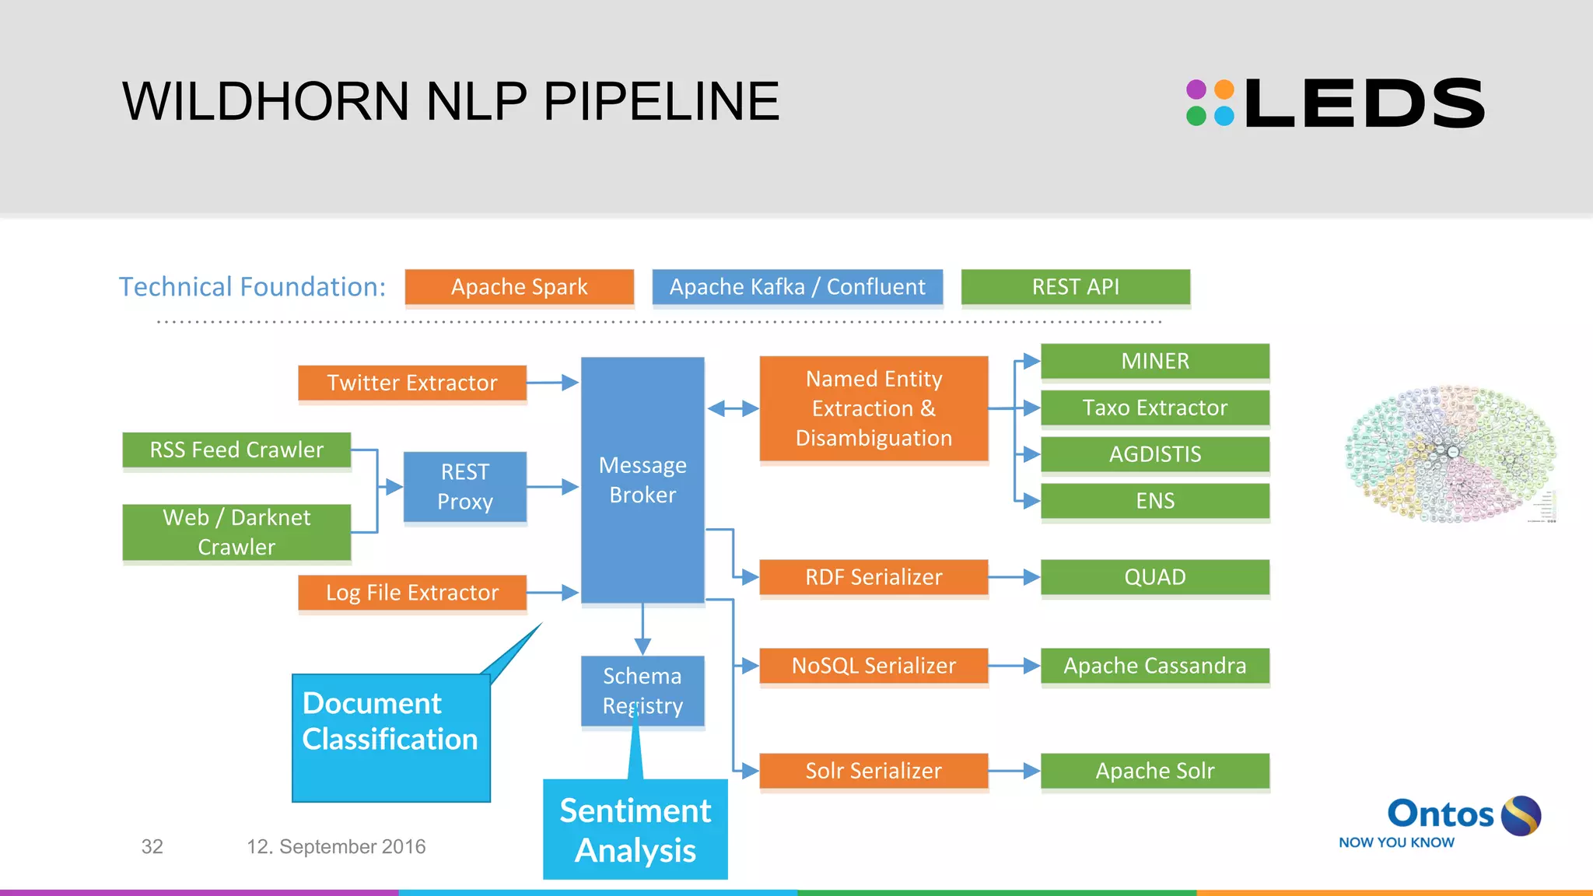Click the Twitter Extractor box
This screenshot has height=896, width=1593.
pos(412,383)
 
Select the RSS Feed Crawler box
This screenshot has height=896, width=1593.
pos(236,450)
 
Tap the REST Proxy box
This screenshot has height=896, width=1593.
pos(465,487)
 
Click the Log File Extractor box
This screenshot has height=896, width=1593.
pos(412,593)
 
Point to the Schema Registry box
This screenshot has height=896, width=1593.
pos(642,690)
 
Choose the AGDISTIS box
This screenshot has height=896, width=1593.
pos(1155,454)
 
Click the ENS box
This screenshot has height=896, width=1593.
pos(1155,501)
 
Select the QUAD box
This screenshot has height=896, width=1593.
pos(1155,577)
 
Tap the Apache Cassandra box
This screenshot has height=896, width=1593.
pos(1155,666)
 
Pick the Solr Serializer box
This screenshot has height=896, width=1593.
pos(874,771)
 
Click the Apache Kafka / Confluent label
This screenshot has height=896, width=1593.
pos(797,287)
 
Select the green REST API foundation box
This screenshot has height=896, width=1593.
pos(1076,287)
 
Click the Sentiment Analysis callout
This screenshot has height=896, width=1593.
pos(635,830)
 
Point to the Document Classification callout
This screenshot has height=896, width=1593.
pos(390,737)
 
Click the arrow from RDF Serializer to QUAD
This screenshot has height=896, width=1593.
pos(1014,577)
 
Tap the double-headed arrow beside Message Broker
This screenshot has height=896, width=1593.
pos(732,408)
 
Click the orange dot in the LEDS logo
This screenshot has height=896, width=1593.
pos(1224,89)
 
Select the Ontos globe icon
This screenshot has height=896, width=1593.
pos(1521,815)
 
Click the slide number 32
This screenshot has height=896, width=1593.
pos(152,847)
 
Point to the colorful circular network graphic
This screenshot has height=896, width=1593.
pos(1451,453)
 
